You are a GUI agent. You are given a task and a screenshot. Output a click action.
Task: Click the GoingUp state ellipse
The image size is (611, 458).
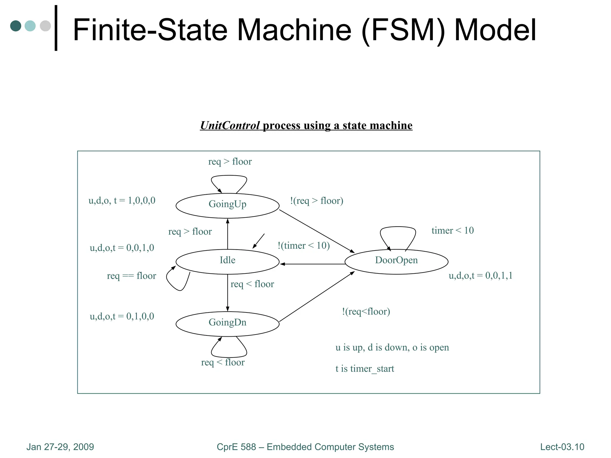[x=227, y=205]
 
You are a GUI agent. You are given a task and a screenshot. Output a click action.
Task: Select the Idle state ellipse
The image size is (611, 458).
[x=227, y=262]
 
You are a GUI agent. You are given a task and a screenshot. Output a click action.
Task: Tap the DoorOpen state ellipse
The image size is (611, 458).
[x=396, y=262]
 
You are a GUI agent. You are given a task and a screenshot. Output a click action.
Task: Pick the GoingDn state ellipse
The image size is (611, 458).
[x=227, y=324]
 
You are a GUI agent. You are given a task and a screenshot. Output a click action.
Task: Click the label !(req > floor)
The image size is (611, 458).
[x=317, y=201]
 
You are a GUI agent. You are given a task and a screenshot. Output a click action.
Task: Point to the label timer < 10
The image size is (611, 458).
[x=452, y=230]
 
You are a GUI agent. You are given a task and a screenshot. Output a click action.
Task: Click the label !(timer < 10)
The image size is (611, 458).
[x=303, y=245]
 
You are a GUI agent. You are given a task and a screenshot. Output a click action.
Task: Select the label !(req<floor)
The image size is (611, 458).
[x=366, y=312]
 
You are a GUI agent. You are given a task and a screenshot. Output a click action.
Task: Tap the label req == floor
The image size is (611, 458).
[x=131, y=276]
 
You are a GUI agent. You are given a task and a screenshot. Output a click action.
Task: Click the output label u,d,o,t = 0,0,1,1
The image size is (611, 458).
[x=480, y=276]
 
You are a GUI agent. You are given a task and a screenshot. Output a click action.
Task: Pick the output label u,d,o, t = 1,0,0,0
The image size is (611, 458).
[x=122, y=200]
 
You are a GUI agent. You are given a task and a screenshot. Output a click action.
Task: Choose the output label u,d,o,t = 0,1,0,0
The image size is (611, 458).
[x=122, y=316]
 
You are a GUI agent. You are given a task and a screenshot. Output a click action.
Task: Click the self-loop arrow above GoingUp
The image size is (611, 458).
[x=229, y=177]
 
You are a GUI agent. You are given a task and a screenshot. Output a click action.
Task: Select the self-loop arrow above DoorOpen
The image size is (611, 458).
[x=398, y=228]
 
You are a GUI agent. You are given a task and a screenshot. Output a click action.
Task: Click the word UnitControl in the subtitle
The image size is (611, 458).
[x=230, y=126]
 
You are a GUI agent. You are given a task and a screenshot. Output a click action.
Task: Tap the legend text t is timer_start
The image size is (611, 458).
[x=365, y=369]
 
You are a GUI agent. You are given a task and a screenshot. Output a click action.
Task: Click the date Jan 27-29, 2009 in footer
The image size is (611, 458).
[x=60, y=447]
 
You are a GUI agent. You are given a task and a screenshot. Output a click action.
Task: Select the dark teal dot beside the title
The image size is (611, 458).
[x=16, y=26]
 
